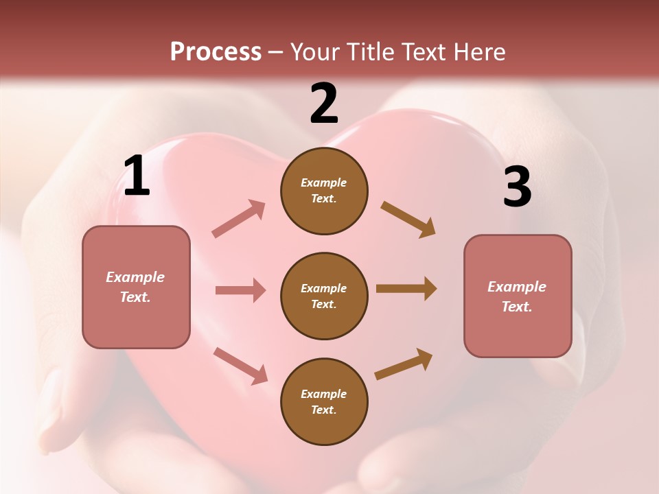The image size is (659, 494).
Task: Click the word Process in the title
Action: [x=216, y=52]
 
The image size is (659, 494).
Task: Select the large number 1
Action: [x=137, y=176]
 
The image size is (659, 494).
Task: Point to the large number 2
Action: [x=324, y=104]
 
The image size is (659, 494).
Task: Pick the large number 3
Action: [x=517, y=187]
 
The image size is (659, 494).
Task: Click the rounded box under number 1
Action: [x=136, y=287]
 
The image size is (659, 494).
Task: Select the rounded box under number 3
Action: [x=518, y=296]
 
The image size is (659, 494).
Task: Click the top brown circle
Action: [x=324, y=191]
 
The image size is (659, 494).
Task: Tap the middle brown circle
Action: [x=324, y=296]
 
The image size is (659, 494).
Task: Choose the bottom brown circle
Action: [x=324, y=402]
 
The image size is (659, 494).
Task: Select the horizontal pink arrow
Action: [x=240, y=290]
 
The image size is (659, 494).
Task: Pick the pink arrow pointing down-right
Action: [x=240, y=365]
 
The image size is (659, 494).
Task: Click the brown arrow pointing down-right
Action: [x=408, y=220]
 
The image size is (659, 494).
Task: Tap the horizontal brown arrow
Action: [x=406, y=289]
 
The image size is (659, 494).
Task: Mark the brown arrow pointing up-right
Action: [x=404, y=364]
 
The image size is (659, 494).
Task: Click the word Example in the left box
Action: [x=135, y=277]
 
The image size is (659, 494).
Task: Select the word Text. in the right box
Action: [x=517, y=307]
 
